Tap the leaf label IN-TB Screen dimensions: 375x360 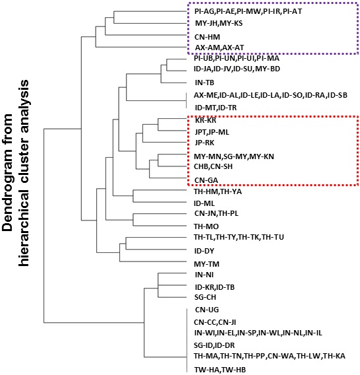click(x=204, y=83)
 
